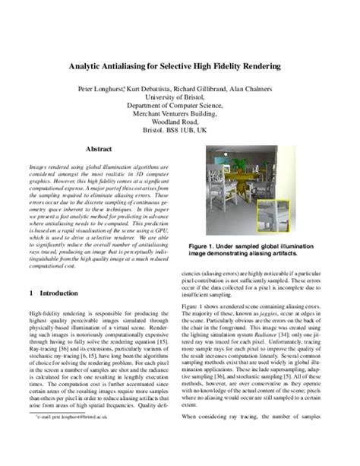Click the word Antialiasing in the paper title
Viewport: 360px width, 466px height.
(138, 66)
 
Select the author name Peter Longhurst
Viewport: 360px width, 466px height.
(101, 89)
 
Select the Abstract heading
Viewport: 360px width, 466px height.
(99, 150)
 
